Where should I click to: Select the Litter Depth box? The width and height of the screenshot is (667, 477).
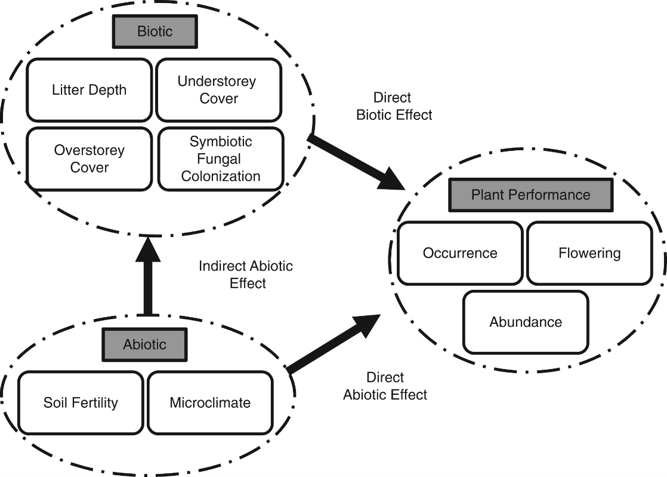[89, 90]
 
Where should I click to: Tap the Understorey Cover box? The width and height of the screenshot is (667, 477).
[217, 90]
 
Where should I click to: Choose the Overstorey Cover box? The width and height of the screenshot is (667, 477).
[89, 159]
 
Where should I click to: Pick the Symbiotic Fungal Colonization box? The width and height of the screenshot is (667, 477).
[221, 159]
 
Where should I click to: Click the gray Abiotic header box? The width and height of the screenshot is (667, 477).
[144, 344]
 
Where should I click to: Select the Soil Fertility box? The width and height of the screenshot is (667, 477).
[81, 402]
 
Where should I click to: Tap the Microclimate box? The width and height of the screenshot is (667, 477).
[210, 402]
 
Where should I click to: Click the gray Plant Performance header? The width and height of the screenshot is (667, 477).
[530, 195]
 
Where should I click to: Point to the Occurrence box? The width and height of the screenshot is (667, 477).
[459, 253]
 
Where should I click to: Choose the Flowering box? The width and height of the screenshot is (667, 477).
[589, 253]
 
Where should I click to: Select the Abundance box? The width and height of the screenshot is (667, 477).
[526, 322]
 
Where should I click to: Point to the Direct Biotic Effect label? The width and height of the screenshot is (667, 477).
[394, 106]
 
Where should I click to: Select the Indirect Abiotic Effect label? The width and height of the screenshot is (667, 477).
[246, 274]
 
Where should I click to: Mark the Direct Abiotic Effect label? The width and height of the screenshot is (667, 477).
[385, 386]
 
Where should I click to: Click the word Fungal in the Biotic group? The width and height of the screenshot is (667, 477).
[221, 159]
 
